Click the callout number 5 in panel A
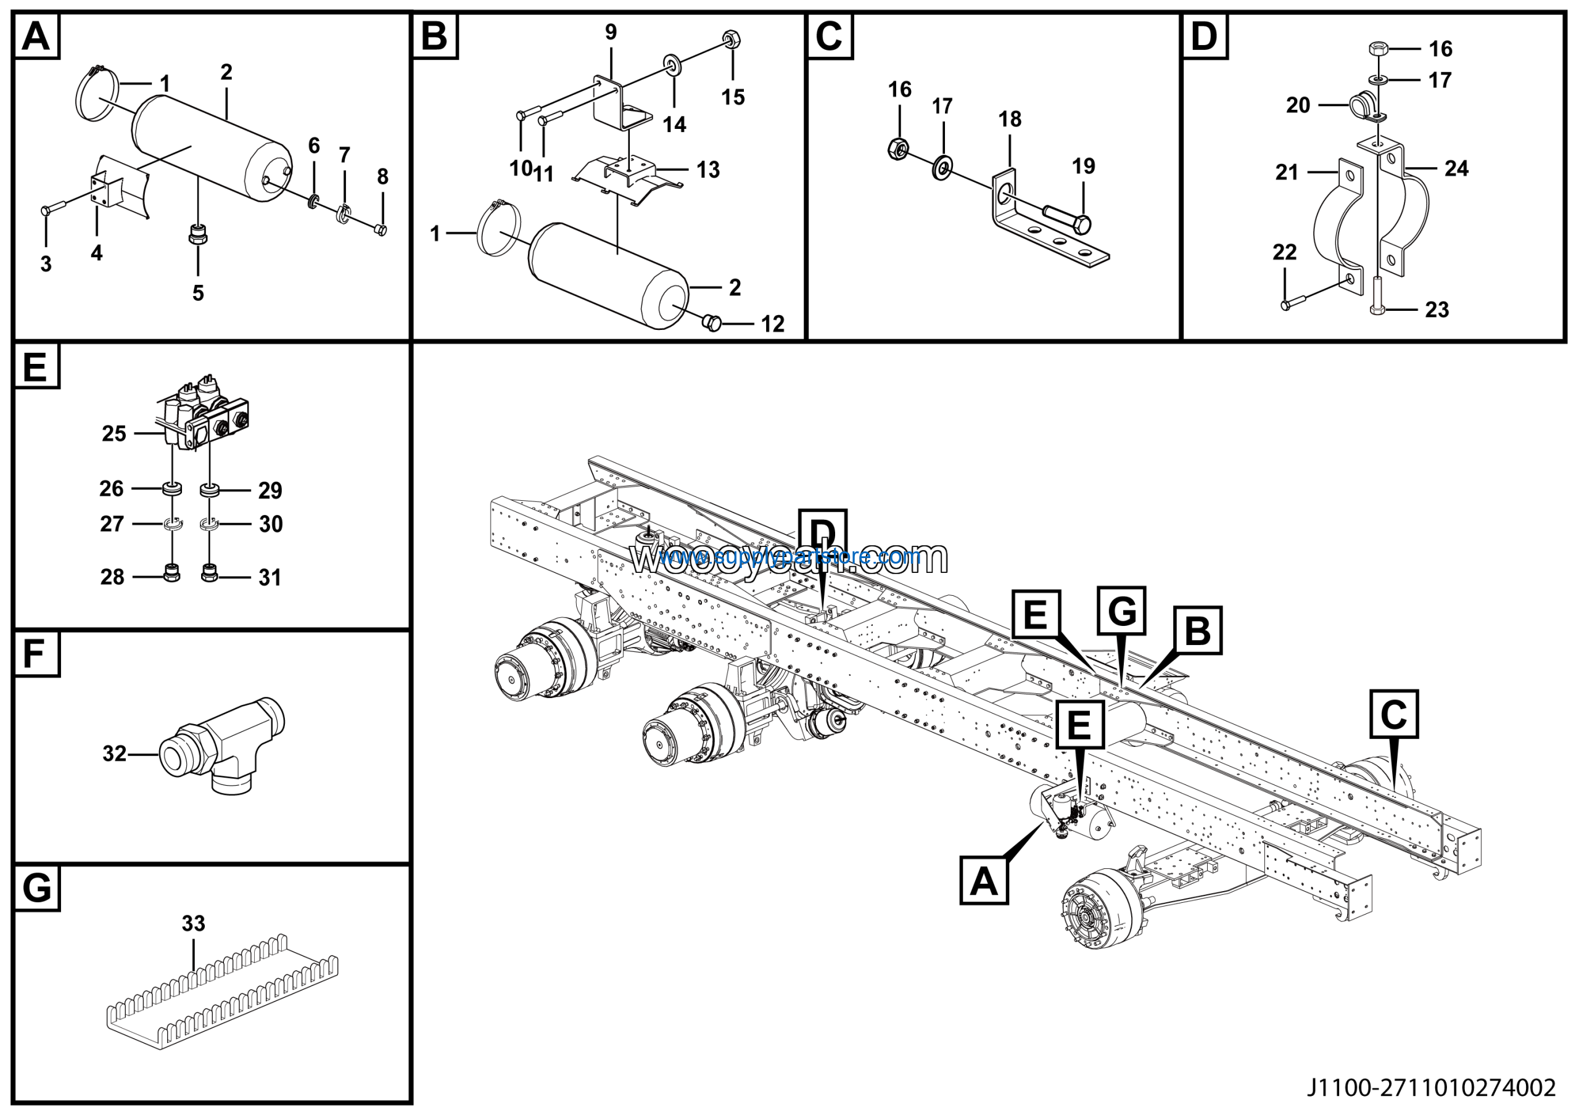pos(198,294)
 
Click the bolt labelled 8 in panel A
pos(381,229)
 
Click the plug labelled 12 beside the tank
pos(713,321)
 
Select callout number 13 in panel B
pos(708,169)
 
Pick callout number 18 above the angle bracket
pos(1010,120)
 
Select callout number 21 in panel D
pos(1287,172)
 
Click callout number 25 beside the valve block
pos(114,434)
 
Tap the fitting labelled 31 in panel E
pos(210,573)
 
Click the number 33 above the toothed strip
pos(193,923)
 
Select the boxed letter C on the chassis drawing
pos(1393,715)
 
